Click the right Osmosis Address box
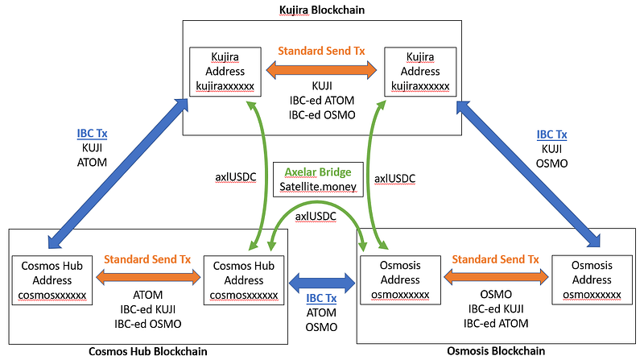click(x=592, y=280)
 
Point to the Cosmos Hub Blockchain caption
click(x=148, y=351)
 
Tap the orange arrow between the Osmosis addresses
click(x=495, y=277)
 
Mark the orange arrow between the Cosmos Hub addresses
click(x=148, y=277)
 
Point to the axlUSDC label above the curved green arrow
click(x=316, y=216)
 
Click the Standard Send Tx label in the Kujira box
click(x=321, y=51)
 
